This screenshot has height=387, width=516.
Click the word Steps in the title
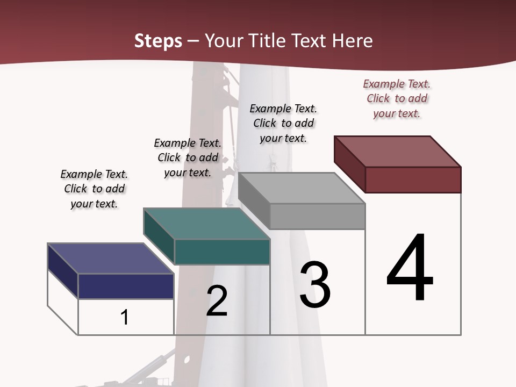(158, 41)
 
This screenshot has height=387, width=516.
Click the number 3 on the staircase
(315, 285)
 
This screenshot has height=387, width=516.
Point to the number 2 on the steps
(217, 300)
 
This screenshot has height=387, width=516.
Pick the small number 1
(125, 317)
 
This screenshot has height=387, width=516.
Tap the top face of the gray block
(302, 188)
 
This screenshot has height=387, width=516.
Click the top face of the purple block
(111, 259)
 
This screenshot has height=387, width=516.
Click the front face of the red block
(413, 180)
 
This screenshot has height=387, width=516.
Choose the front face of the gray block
(317, 216)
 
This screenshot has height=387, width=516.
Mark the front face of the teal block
(221, 252)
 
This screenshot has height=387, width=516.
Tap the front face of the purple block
(126, 286)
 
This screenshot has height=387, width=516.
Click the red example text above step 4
(397, 98)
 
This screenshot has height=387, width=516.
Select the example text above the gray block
(283, 123)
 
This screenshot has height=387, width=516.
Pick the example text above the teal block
(188, 157)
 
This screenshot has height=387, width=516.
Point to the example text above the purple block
(94, 189)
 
